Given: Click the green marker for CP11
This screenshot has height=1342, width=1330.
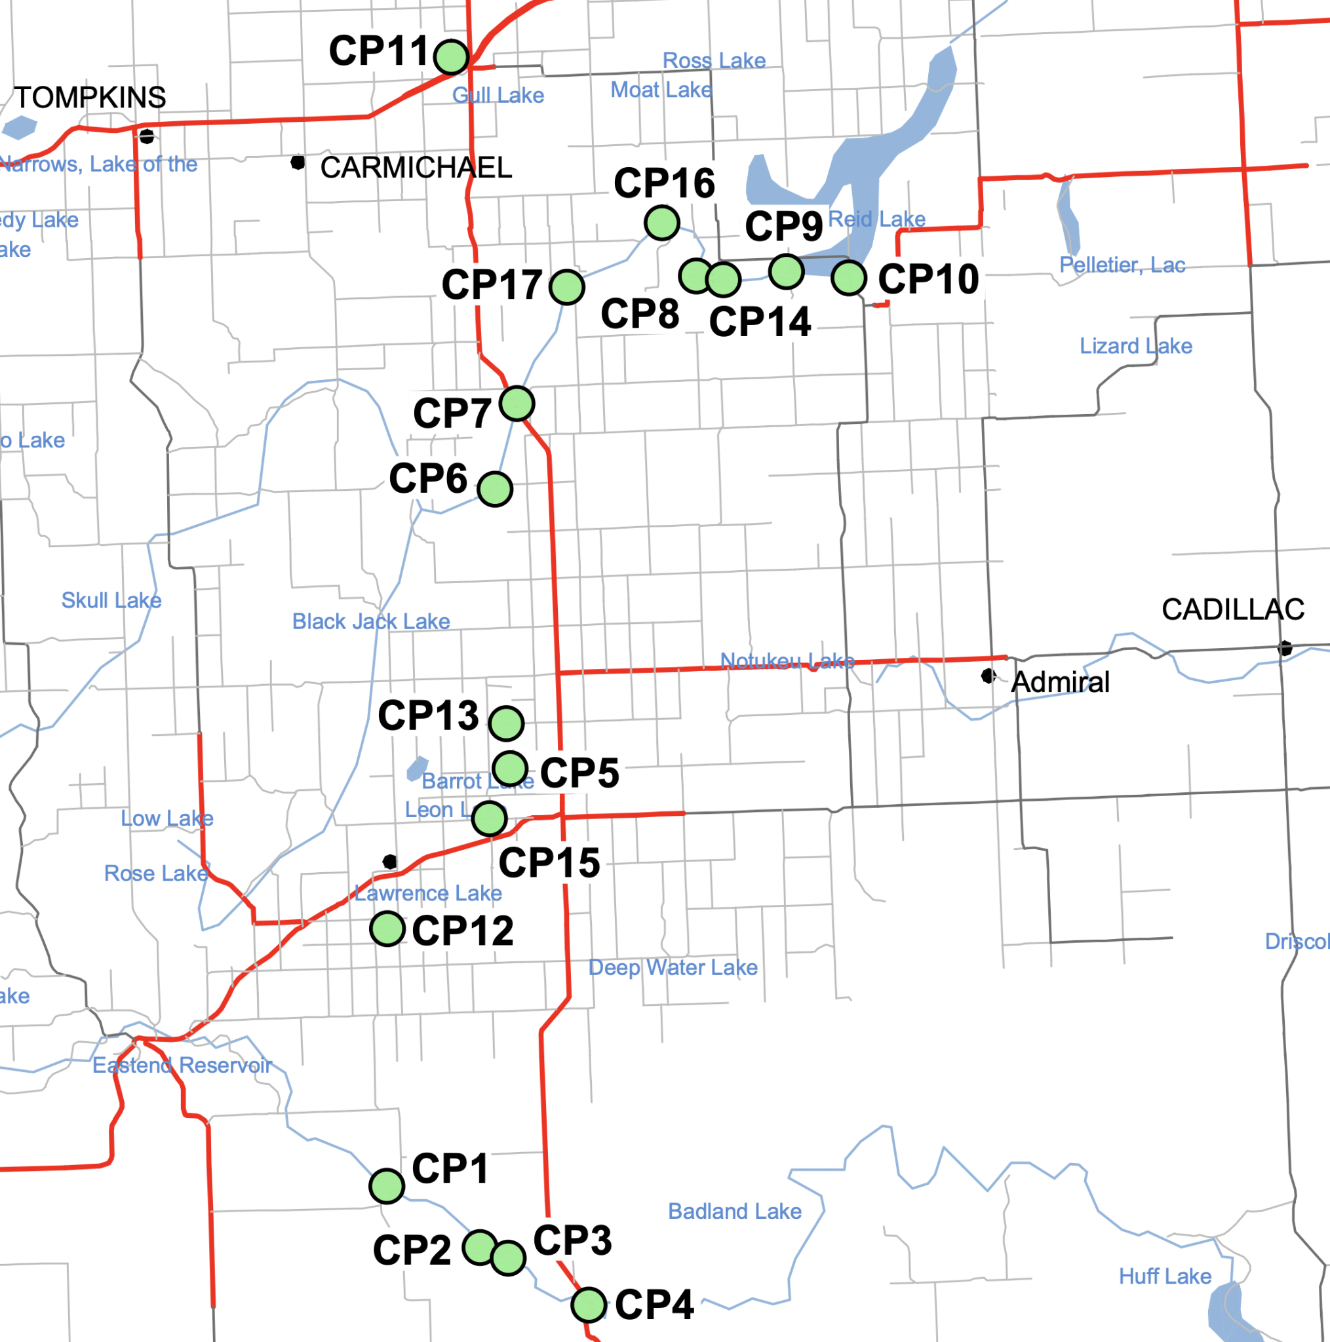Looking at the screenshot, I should (x=452, y=57).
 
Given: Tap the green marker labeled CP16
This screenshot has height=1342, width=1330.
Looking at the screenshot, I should (x=661, y=223).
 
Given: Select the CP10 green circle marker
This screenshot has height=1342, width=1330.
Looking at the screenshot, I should (x=848, y=278).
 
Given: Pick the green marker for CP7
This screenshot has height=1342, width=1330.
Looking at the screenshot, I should (x=517, y=404).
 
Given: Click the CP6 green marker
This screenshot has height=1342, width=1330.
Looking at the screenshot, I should (x=496, y=489).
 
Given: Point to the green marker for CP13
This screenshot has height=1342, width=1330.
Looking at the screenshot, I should (x=506, y=723).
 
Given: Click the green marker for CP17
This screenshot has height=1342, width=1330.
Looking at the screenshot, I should (x=567, y=287).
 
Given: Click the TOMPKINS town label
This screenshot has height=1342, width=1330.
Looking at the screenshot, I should (x=90, y=98).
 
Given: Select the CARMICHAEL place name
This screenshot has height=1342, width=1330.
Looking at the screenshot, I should (x=416, y=167).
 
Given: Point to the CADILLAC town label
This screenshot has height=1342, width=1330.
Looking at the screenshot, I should (x=1233, y=610).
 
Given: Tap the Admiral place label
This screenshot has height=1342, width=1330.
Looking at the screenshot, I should (x=1061, y=682).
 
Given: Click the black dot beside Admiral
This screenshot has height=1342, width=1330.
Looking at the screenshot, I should (x=987, y=676).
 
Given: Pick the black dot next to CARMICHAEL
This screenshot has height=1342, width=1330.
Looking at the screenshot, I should (x=298, y=163).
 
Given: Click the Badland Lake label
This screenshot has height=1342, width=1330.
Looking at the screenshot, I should (x=735, y=1212).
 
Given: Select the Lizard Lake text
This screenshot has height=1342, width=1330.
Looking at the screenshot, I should (x=1135, y=346).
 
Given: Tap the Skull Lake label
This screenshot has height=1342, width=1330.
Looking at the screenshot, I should (x=111, y=600).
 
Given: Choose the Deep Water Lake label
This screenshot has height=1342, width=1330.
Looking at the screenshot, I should (x=673, y=968).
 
